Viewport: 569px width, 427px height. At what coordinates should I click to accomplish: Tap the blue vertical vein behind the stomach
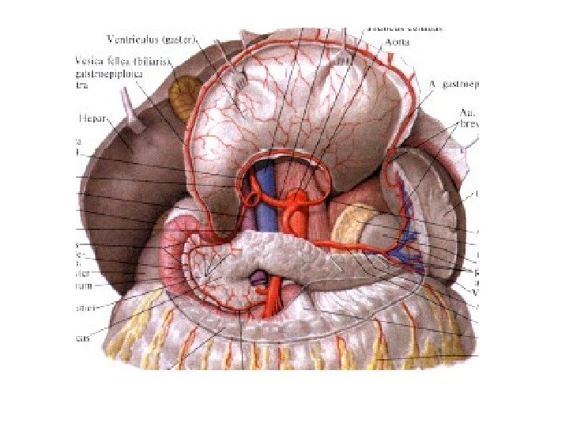click(272, 198)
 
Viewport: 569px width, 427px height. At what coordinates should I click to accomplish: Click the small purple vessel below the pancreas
click(258, 277)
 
